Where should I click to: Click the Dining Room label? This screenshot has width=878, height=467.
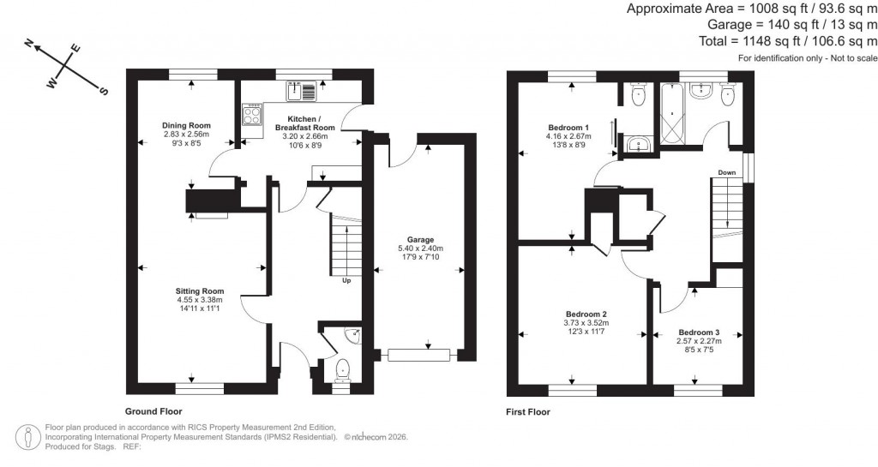(x=187, y=126)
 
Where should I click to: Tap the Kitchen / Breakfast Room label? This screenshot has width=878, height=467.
(x=304, y=123)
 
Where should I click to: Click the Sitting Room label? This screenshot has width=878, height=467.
(x=200, y=291)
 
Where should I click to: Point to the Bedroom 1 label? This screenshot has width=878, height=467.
(x=562, y=126)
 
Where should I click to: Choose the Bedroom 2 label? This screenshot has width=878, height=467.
(x=586, y=314)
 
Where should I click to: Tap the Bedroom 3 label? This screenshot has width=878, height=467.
(x=699, y=332)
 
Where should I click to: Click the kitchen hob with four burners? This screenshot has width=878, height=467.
(x=253, y=115)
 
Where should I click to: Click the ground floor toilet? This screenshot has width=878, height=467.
(x=343, y=370)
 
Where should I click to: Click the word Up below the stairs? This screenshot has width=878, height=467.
(x=346, y=280)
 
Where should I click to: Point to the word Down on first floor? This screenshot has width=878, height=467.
(x=727, y=172)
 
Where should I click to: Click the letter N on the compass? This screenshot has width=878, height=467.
(x=28, y=43)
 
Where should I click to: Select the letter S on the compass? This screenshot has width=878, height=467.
(x=105, y=91)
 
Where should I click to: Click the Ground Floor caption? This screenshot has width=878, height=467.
(x=153, y=411)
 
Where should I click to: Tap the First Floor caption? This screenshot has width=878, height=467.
(x=527, y=411)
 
